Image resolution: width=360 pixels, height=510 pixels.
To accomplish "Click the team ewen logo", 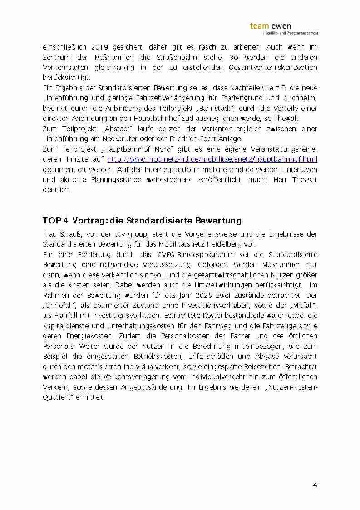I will coord(284,28).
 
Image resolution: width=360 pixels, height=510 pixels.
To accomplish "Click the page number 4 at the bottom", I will coord(315,485).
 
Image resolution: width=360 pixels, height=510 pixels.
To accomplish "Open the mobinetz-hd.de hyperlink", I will coord(212,159).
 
